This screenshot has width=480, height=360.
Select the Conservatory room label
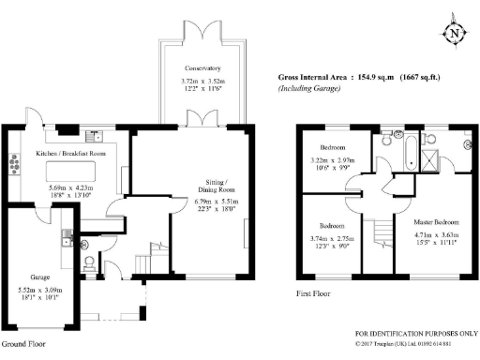point(202,68)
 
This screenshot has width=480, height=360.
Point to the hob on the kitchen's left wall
point(15,165)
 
